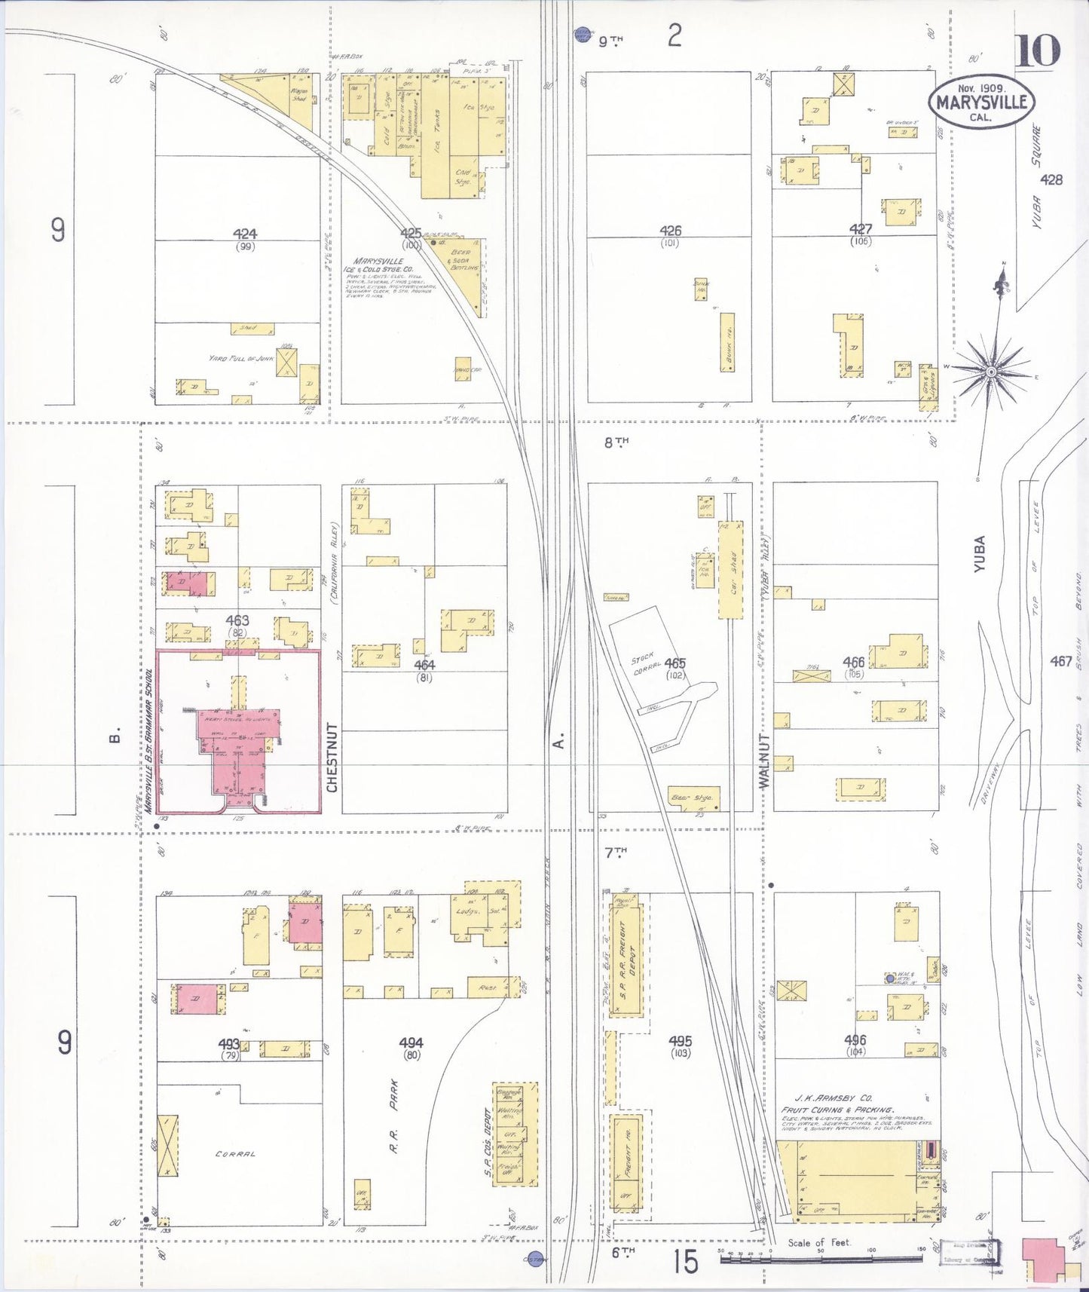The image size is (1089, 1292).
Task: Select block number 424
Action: coord(245,234)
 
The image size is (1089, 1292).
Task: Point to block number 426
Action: coord(670,231)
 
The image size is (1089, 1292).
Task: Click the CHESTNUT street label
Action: coord(332,757)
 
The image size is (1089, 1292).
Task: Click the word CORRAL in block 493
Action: coord(235,1153)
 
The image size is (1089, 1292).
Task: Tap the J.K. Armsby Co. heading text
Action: coord(827,1098)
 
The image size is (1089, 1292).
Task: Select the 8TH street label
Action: coord(616,442)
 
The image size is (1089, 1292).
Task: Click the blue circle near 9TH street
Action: coord(583,34)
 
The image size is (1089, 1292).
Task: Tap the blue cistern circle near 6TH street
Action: coord(536,1259)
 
